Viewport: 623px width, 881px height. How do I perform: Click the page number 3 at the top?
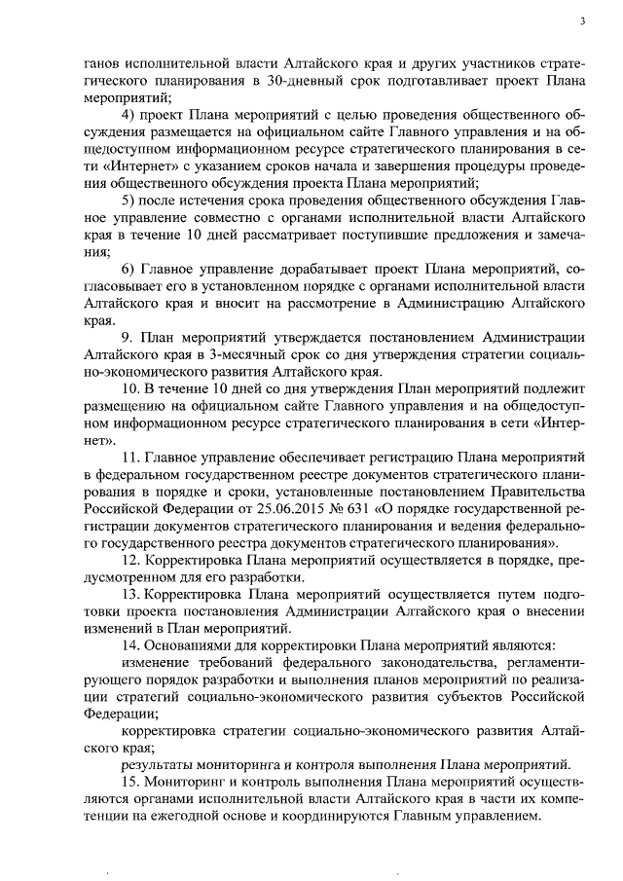click(x=582, y=21)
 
